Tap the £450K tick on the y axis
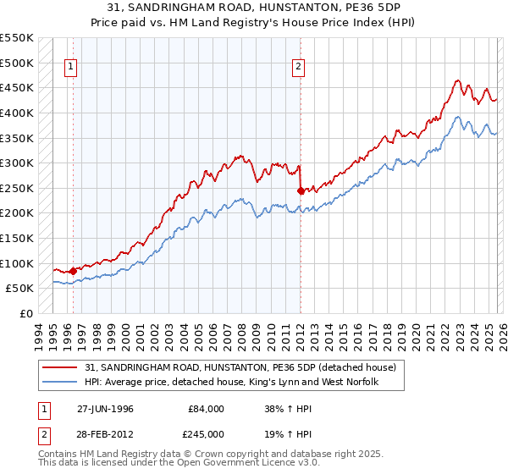[16, 87]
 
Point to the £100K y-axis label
[16, 263]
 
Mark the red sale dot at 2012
[301, 190]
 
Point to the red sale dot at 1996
[74, 271]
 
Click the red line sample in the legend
[61, 367]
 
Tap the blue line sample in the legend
[61, 383]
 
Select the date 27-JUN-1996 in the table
[106, 408]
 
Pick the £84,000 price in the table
[205, 408]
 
